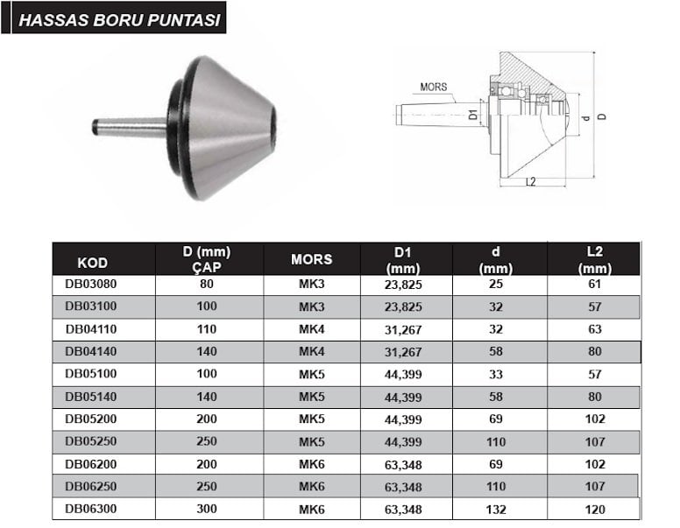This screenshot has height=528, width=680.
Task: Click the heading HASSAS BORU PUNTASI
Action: tap(119, 20)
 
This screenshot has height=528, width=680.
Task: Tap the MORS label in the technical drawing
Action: tap(433, 87)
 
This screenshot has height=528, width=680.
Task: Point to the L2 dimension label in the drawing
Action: tap(531, 181)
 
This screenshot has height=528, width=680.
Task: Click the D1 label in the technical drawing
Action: tap(473, 115)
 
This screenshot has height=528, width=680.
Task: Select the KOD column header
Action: tap(92, 263)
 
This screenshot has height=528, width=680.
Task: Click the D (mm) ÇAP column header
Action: tap(207, 259)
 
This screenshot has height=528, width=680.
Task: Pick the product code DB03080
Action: tap(90, 284)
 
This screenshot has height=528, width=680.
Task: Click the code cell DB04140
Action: tap(90, 351)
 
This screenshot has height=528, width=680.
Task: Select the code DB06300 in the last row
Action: tap(90, 509)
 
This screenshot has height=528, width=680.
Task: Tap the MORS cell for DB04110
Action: tap(311, 329)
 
